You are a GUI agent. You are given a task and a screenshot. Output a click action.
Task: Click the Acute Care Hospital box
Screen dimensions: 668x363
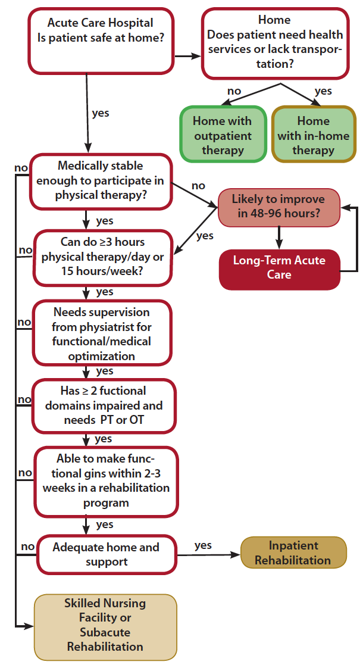[100, 40]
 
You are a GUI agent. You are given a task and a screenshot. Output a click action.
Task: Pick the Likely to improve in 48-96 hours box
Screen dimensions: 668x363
[278, 207]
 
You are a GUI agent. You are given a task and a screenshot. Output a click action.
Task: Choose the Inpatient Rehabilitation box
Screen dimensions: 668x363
[293, 552]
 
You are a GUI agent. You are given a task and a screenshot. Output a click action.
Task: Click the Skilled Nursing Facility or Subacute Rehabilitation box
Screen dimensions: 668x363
[105, 625]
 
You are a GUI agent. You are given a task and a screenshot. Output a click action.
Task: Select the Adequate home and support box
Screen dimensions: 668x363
[107, 554]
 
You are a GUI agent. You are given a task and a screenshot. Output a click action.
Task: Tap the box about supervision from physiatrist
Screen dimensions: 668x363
[102, 333]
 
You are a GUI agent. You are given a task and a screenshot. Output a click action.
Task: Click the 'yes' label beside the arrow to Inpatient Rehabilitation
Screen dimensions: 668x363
[203, 545]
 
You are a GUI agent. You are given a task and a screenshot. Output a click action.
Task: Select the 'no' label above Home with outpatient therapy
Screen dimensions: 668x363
[234, 91]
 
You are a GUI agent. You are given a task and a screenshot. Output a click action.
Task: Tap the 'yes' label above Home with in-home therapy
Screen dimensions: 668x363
[323, 91]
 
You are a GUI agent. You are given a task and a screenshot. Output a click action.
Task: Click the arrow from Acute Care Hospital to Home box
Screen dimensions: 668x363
[188, 57]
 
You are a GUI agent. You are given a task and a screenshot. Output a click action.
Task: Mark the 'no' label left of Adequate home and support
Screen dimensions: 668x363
[27, 546]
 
